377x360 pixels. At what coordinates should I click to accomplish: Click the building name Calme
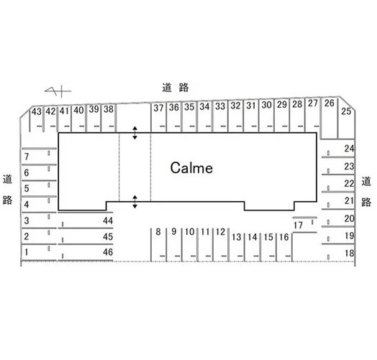tap(191, 167)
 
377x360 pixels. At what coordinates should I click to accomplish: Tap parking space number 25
tap(346, 111)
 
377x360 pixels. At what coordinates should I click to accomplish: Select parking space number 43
tap(37, 111)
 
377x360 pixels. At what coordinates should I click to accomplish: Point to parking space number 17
tap(298, 226)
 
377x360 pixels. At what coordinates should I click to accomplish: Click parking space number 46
tap(108, 252)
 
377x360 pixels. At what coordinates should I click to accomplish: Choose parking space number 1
tap(26, 252)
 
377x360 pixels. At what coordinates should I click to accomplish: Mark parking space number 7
tap(27, 157)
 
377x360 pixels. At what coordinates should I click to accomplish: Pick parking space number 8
tap(158, 232)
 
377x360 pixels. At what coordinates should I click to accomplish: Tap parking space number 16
tap(283, 237)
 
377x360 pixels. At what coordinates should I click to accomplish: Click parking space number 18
tap(350, 253)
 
